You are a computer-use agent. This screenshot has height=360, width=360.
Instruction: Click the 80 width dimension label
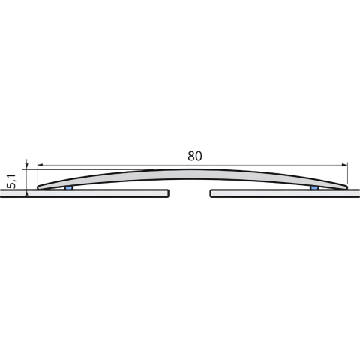195,156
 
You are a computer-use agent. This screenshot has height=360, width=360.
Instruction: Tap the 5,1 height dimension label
12,181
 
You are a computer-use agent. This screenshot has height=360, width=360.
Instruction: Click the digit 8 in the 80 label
191,156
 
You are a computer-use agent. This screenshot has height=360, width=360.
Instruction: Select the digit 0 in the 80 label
199,156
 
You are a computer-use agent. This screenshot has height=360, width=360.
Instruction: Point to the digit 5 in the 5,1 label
12,185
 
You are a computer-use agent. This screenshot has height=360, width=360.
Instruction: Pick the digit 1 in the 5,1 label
12,176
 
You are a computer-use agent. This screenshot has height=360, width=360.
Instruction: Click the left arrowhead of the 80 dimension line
40,165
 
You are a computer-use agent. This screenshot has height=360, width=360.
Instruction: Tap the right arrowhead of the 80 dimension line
345,165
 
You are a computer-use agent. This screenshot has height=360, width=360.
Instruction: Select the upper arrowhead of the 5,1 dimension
27,166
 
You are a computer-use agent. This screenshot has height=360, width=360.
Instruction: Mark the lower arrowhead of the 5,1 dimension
27,193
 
